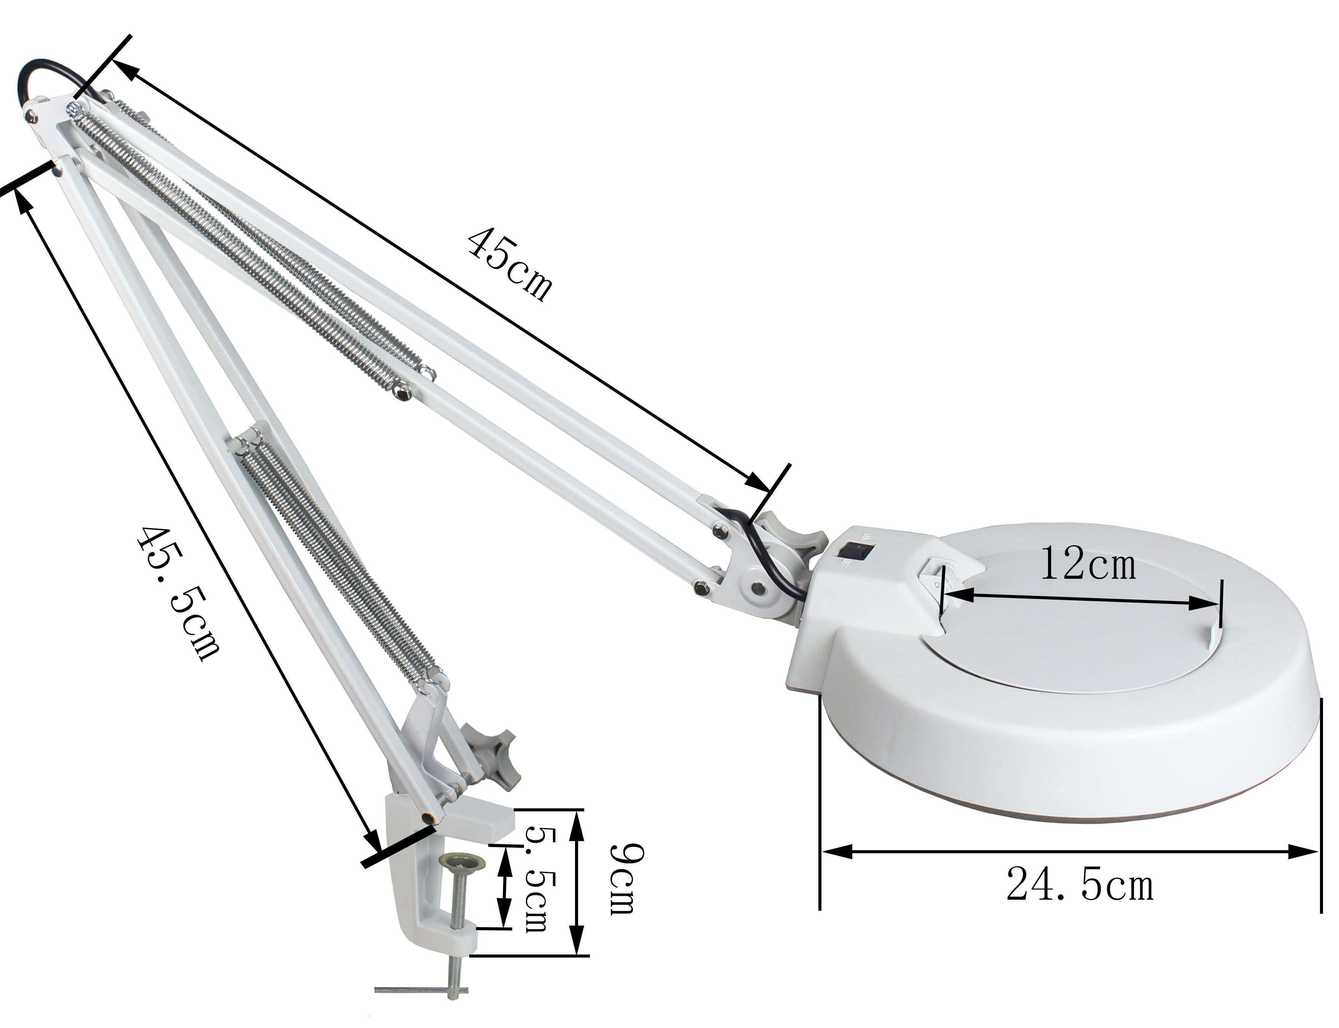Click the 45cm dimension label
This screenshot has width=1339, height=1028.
pyautogui.click(x=509, y=264)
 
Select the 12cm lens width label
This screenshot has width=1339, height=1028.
pyautogui.click(x=1088, y=563)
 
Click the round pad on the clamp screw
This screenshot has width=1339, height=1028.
pyautogui.click(x=465, y=862)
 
